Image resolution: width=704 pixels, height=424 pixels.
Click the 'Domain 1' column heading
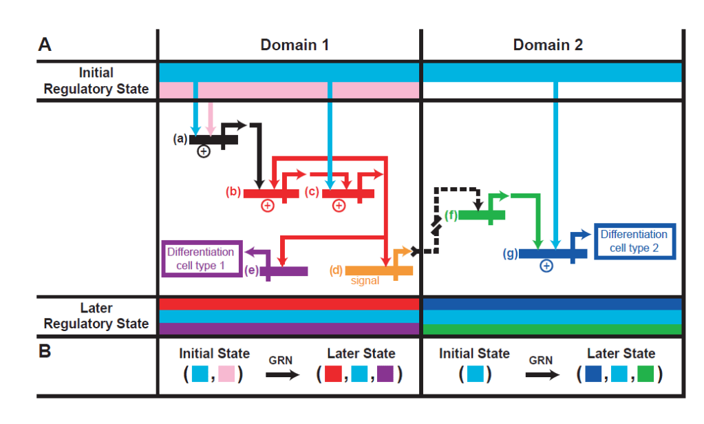point(295,45)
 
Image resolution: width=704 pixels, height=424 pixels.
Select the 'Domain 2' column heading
point(548,45)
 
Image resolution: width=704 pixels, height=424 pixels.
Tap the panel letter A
point(45,45)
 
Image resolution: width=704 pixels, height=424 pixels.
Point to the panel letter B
point(45,351)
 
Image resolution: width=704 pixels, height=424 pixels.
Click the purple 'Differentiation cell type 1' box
point(202,259)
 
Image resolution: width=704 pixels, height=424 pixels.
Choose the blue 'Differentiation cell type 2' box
point(634,241)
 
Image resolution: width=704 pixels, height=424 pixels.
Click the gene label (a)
point(180,138)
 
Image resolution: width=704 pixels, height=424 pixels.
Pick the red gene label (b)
point(234,192)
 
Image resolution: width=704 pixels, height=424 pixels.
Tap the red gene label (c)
point(312,192)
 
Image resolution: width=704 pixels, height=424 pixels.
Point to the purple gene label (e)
point(251,271)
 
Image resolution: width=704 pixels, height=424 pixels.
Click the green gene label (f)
point(451,215)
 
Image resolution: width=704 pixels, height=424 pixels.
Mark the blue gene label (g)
point(510,254)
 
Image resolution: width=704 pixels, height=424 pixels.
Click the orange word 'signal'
point(365,281)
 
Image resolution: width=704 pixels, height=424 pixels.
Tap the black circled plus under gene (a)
point(204,151)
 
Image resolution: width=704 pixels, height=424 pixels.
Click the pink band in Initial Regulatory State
point(289,90)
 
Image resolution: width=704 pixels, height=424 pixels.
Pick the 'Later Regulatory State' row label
point(96,316)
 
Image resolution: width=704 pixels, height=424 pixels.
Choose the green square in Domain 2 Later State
point(644,374)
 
